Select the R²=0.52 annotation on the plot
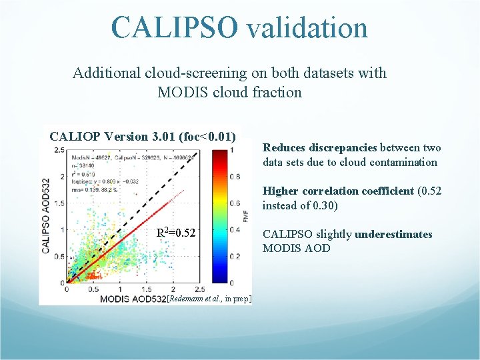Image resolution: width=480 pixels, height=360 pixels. [x=175, y=233]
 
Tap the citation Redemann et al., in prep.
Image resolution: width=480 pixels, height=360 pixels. [x=210, y=299]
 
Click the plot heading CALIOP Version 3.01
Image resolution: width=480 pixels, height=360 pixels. [x=107, y=137]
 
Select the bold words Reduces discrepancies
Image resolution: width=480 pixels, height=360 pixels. [x=320, y=148]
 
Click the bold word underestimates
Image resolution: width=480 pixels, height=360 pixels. [x=393, y=235]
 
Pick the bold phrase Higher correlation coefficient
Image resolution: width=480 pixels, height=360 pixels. [x=338, y=191]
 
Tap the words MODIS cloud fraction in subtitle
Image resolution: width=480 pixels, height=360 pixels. [x=230, y=92]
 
